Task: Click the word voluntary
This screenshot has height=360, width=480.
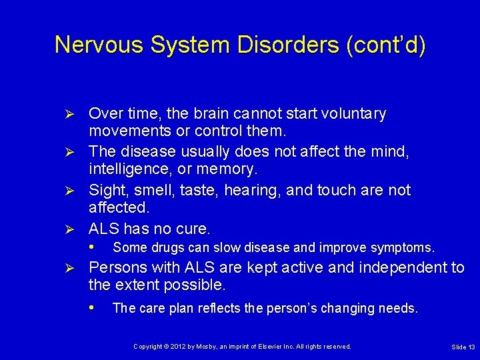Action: (353, 114)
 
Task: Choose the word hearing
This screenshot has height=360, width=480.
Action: (253, 191)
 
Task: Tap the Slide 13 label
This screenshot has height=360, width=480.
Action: (463, 347)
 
